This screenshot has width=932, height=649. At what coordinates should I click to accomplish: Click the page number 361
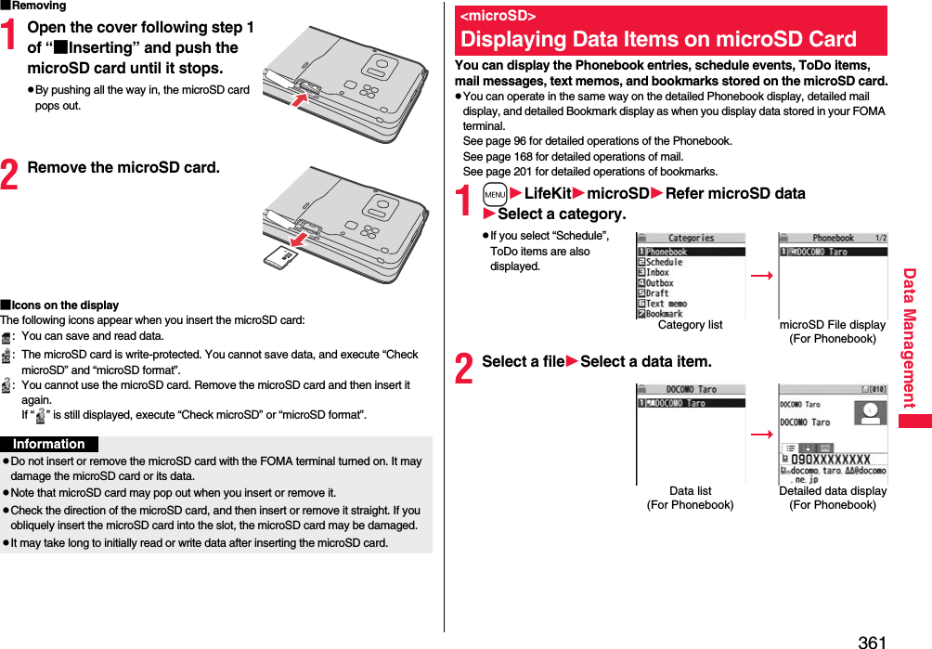[872, 642]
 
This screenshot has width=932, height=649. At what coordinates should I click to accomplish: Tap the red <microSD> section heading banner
[670, 31]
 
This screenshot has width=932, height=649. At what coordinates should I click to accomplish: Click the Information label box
[49, 444]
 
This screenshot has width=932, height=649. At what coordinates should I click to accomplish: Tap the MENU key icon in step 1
[495, 194]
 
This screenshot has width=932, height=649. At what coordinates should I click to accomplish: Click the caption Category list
[690, 325]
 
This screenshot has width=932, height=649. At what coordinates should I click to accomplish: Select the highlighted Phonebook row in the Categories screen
[691, 252]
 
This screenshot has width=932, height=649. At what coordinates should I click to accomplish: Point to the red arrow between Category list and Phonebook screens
[761, 276]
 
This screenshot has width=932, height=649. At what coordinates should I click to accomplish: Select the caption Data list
[690, 490]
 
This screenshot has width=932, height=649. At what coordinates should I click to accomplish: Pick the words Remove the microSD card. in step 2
[123, 168]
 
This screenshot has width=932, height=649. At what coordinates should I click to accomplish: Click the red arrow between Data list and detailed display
[761, 434]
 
